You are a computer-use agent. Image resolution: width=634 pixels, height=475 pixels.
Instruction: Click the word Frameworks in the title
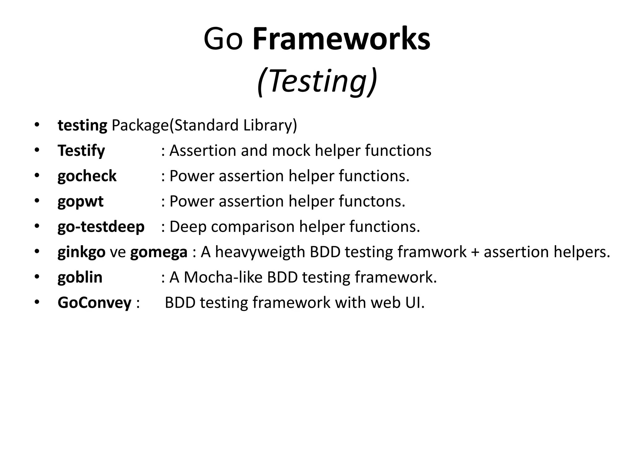(x=341, y=39)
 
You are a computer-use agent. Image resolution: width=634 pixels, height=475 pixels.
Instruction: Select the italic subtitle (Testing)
(x=317, y=81)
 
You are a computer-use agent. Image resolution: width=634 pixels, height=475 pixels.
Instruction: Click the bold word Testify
(x=81, y=151)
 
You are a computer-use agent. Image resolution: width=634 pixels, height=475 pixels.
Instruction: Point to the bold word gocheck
(x=87, y=176)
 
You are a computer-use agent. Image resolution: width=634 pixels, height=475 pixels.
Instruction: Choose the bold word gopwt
(x=80, y=202)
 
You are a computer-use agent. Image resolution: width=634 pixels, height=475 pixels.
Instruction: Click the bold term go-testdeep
(x=101, y=227)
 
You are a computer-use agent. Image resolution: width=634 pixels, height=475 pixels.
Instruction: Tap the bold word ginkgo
(x=81, y=252)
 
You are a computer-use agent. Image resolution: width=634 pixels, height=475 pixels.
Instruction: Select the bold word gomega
(x=158, y=252)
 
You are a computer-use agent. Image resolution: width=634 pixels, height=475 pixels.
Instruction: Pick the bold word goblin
(x=80, y=277)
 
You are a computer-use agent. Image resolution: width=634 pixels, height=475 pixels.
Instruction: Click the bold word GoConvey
(x=94, y=303)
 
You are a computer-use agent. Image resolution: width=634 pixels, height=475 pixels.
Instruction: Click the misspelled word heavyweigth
(x=260, y=252)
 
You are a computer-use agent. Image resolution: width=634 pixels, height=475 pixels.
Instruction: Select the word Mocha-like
(x=223, y=277)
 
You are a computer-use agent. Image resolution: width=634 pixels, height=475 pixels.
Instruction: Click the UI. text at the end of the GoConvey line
(x=415, y=302)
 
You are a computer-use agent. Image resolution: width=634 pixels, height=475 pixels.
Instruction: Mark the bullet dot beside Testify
(x=37, y=150)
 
